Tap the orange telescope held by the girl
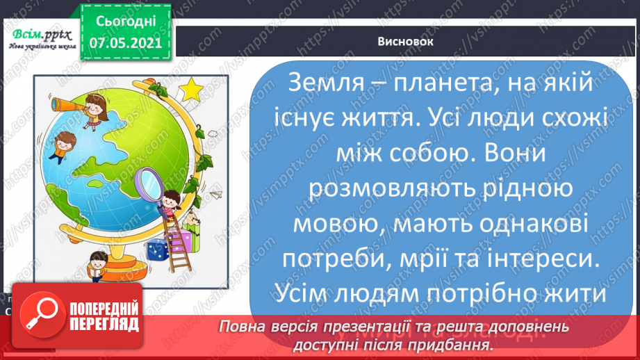(x=69, y=104)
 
